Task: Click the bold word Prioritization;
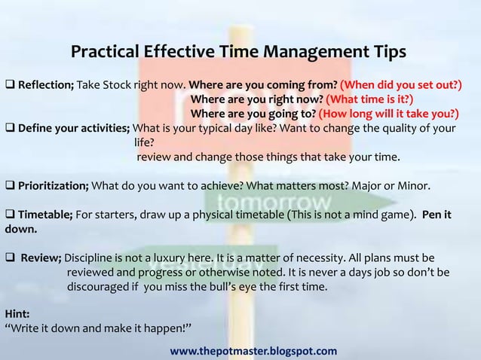53,185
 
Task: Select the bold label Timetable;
45,214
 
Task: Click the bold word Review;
46,257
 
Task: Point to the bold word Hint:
17,314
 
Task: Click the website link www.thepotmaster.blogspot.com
253,351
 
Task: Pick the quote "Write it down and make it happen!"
99,328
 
